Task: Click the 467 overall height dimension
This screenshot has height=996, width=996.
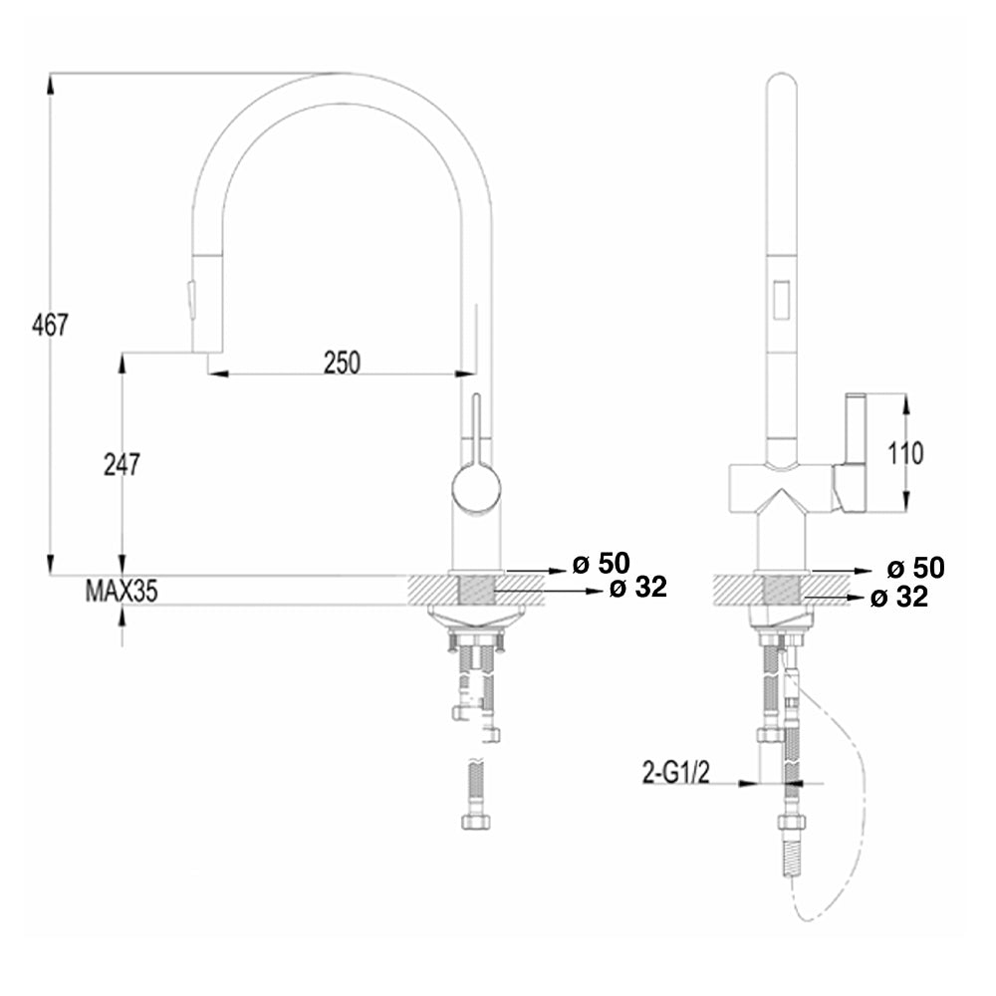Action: coord(49,325)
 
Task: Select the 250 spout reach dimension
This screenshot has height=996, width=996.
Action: coord(341,363)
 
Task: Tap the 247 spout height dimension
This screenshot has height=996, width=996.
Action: coord(122,463)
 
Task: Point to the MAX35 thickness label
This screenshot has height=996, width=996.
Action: coord(121,592)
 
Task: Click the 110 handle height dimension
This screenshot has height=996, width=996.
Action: coord(903,453)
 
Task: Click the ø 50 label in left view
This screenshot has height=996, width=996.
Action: coord(602,565)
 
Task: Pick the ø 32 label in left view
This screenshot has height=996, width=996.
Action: coord(637,589)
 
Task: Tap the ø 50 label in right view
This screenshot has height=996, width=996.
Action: coord(914,568)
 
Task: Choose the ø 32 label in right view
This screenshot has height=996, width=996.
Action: coord(898,598)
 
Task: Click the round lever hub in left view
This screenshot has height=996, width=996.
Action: coord(476,489)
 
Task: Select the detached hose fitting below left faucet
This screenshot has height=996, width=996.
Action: coord(475,797)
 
